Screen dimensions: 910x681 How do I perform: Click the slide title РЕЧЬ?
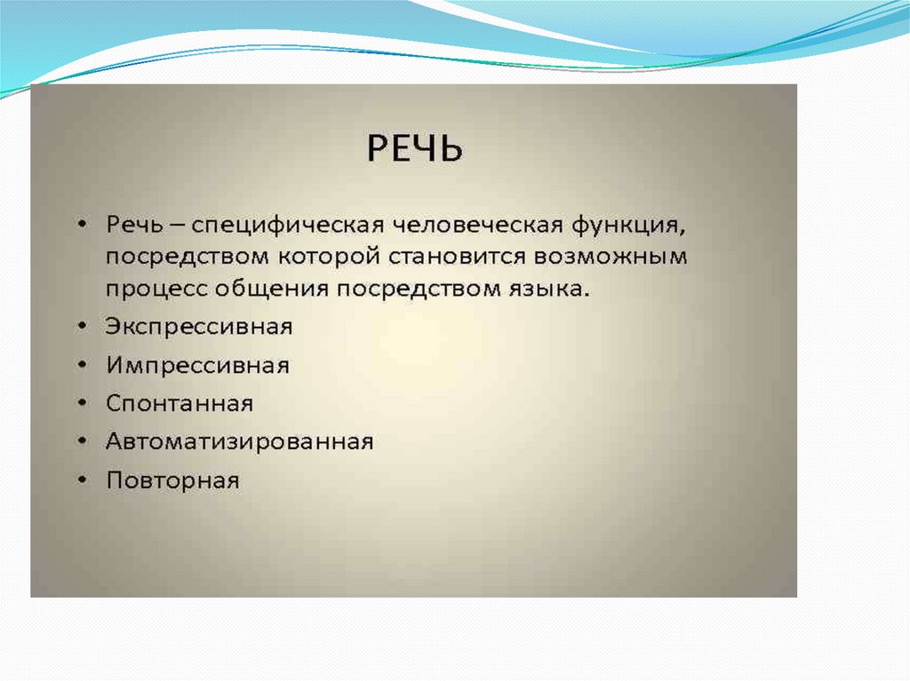tap(415, 148)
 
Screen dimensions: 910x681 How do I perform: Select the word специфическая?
tap(288, 226)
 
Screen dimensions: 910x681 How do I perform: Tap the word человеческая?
tap(478, 225)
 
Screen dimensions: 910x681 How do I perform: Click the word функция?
tap(629, 226)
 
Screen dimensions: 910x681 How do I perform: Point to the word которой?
tap(329, 257)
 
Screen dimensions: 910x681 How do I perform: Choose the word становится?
tap(458, 257)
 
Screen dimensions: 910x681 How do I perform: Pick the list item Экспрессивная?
tap(199, 327)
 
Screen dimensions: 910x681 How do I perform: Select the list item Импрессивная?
tap(197, 366)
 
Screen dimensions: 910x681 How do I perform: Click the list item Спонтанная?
tap(180, 403)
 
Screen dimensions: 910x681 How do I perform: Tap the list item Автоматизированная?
tap(240, 442)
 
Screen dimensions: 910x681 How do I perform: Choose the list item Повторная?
tap(173, 480)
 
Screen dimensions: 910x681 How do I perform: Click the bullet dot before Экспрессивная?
tap(83, 327)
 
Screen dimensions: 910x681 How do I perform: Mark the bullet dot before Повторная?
tap(83, 480)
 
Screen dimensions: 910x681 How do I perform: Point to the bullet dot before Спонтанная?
tap(83, 403)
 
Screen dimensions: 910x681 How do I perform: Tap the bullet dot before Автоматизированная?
tap(83, 442)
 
